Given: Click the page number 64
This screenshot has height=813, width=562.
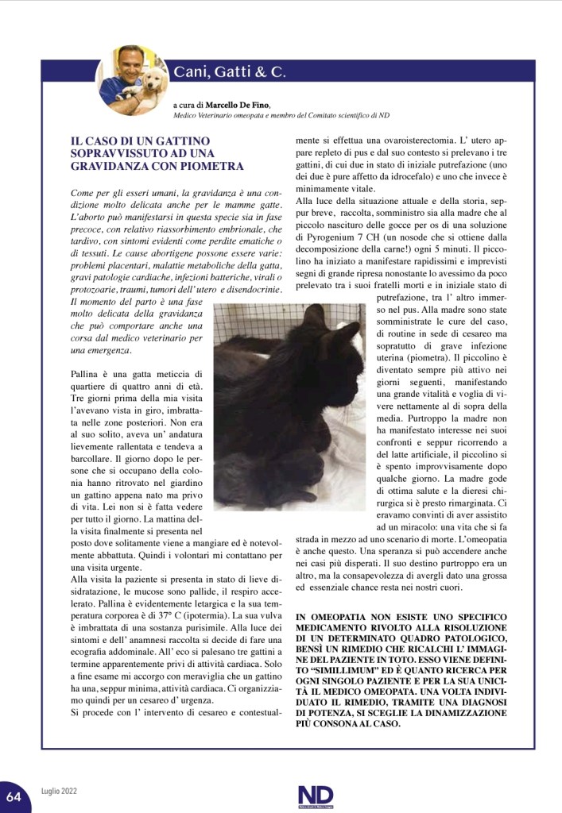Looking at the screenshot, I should (x=14, y=794).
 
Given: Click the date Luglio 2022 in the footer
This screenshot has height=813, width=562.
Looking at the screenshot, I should (x=60, y=792).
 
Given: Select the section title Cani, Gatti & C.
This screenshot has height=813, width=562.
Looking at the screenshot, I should (x=230, y=72).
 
